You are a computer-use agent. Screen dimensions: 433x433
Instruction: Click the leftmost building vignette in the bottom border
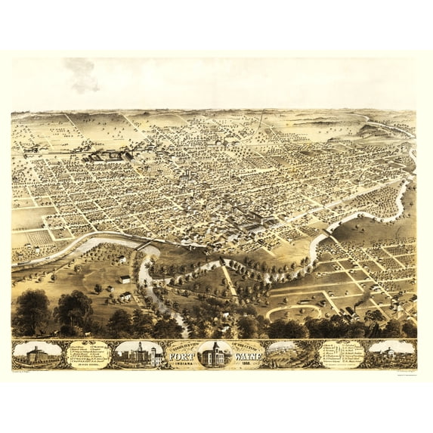coord(37,354)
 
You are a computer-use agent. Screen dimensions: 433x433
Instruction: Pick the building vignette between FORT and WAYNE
coord(215,354)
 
